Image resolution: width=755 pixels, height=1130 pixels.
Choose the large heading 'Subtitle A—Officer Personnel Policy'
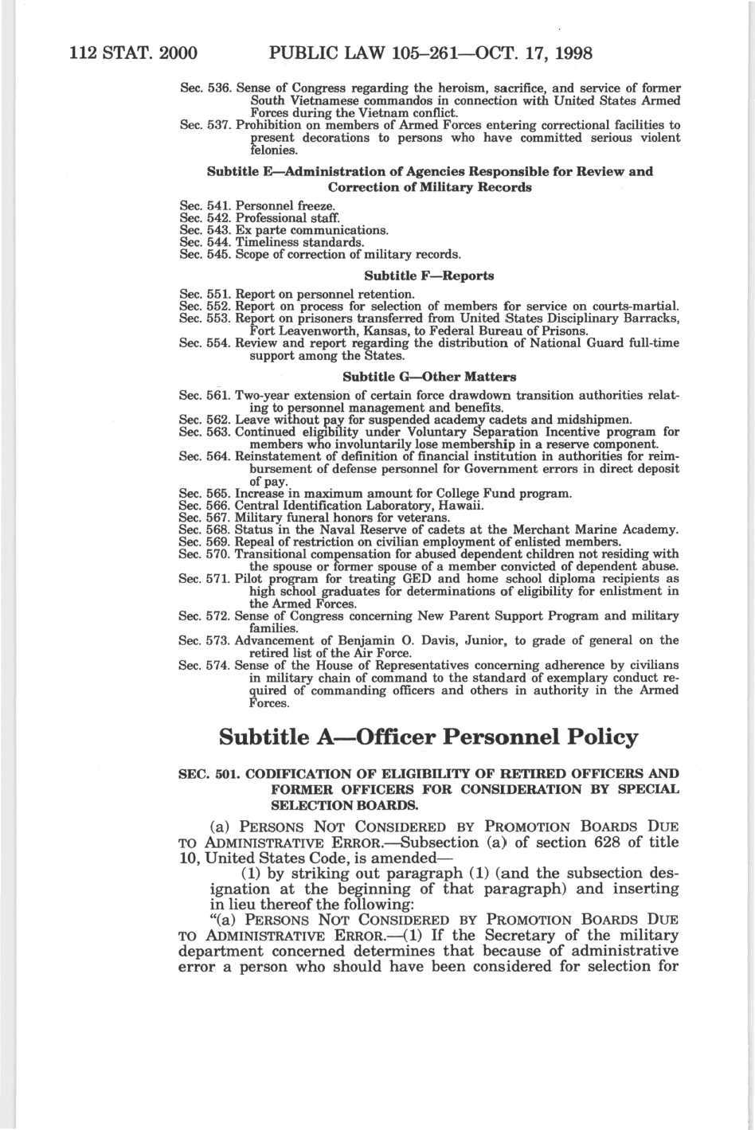428,737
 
